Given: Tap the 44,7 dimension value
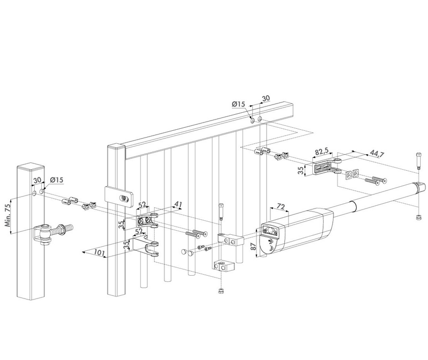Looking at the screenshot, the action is (x=377, y=154).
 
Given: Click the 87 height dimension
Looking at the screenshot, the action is (x=254, y=246).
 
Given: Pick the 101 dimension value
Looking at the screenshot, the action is (x=100, y=252).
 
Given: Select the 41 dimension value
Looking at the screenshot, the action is (x=178, y=205).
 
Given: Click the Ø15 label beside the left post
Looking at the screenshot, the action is (x=56, y=180).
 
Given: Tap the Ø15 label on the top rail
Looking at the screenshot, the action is (x=239, y=104).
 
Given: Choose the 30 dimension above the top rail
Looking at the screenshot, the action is (x=266, y=98).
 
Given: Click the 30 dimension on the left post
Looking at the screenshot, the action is (x=37, y=181).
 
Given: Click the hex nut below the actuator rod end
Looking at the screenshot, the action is (x=418, y=217).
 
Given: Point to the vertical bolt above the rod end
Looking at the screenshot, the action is (x=418, y=161).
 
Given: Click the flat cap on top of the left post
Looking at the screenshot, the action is (x=30, y=167).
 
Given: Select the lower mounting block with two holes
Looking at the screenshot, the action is (x=224, y=265).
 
